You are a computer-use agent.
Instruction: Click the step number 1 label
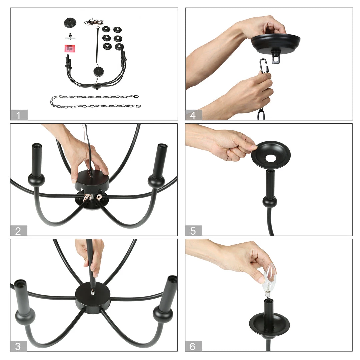coord(19,115)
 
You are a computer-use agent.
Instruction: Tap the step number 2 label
coord(19,231)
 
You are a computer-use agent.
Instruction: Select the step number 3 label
coord(19,346)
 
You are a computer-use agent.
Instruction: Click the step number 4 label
coord(194,115)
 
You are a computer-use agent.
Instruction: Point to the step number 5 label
coord(194,231)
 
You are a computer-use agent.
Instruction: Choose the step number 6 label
coord(194,346)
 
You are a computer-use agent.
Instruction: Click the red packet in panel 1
coord(69,48)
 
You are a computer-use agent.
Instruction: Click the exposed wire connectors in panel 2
coord(94,197)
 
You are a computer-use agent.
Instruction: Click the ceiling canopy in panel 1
coord(70,23)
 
